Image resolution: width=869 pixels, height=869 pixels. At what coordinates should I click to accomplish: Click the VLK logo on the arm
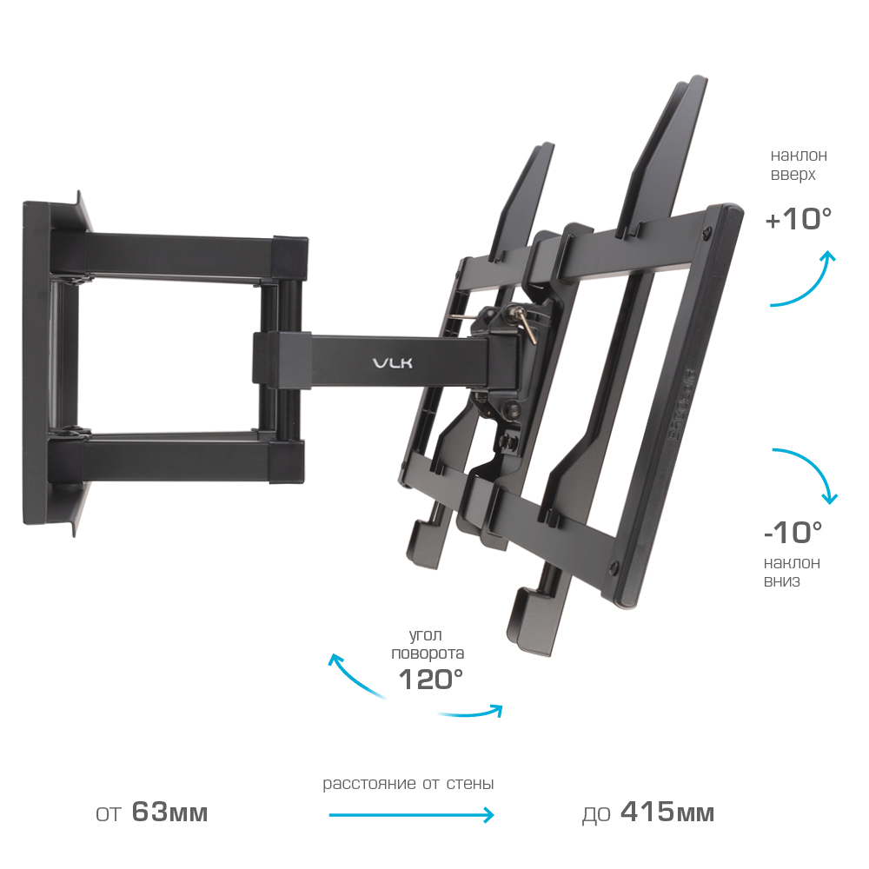393,363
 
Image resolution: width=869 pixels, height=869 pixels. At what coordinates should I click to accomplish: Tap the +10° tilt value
799,219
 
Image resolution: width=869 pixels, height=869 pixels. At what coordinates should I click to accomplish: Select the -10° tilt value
793,533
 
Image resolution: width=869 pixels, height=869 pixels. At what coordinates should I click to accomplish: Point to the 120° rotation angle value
431,679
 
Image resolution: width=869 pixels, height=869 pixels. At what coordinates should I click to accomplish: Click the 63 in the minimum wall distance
149,813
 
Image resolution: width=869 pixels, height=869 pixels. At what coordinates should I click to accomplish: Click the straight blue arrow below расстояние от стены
411,815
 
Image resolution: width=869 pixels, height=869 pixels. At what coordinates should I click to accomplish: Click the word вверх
793,175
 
